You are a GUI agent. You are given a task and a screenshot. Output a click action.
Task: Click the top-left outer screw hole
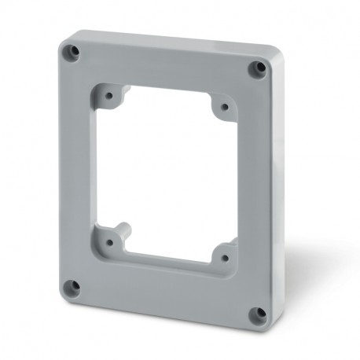coord(73,53)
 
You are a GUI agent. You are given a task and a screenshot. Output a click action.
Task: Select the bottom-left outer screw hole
coord(74,286)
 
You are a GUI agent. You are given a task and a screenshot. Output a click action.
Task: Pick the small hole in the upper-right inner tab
coord(224,106)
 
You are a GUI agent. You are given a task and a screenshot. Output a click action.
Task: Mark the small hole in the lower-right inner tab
coord(224,256)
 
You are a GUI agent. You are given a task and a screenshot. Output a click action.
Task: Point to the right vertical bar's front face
coord(252,189)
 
